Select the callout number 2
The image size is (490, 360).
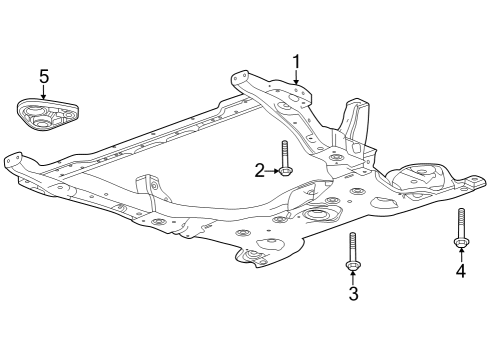259,171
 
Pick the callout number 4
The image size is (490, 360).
461,270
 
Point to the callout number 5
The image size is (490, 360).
43,75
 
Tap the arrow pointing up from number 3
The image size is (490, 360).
353,277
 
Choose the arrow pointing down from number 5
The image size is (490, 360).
43,91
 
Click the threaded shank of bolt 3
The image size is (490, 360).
353,245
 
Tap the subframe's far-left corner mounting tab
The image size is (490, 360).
14,160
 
